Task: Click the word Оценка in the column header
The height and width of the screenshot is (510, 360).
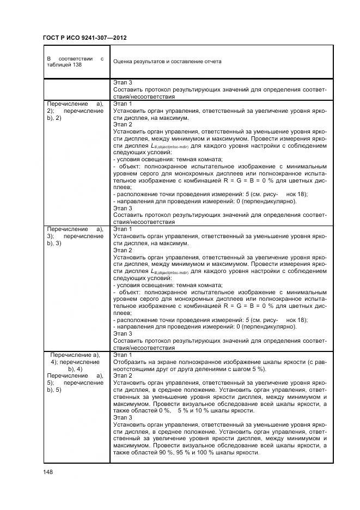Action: tap(124, 62)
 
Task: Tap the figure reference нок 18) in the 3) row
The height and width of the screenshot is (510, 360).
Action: tap(296, 320)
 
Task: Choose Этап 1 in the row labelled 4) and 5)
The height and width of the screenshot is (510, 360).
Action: tap(123, 354)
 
